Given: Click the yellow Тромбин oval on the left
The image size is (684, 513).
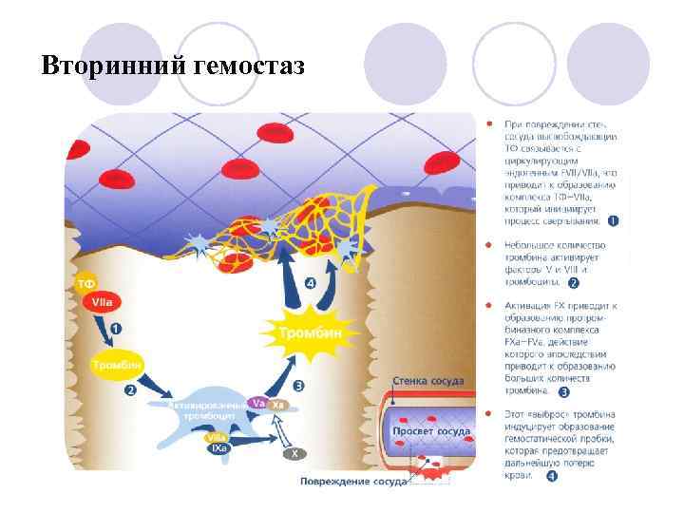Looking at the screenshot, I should [x=116, y=364].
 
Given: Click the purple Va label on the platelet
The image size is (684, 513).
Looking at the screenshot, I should [x=256, y=404].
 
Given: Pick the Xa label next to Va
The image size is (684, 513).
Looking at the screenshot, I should [x=278, y=405].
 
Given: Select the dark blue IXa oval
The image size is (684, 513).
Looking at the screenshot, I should [x=219, y=448].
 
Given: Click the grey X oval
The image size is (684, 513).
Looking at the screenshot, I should [x=295, y=453].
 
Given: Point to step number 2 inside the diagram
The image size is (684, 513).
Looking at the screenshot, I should [x=130, y=389].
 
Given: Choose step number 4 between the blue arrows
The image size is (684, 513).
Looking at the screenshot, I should [x=311, y=282].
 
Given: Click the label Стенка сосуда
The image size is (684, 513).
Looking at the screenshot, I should [x=428, y=381].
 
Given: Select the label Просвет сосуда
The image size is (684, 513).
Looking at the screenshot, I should [x=431, y=431].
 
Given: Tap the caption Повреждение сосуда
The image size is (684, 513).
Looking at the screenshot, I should [x=353, y=481].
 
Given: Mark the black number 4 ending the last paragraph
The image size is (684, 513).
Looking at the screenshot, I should [x=552, y=476].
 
